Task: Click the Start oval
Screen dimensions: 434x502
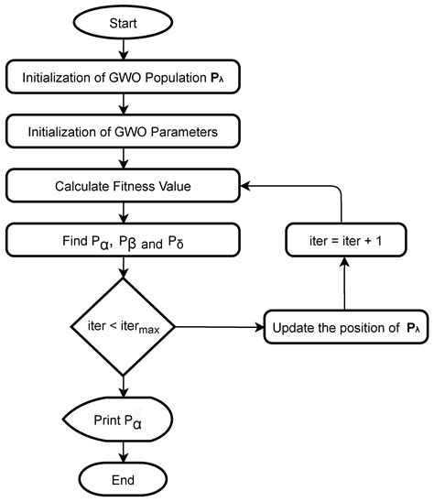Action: pos(124,22)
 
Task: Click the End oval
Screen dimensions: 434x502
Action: pos(124,480)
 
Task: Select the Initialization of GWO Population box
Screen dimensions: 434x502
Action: pos(123,77)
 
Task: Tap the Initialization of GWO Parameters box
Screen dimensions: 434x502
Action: pos(123,131)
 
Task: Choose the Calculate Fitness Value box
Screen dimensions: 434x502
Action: pos(123,186)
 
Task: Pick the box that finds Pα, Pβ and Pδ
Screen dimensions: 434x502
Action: pos(123,240)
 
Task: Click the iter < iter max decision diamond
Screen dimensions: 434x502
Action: pos(123,327)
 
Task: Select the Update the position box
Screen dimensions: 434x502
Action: pos(346,327)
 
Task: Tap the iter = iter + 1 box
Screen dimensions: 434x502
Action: pos(346,240)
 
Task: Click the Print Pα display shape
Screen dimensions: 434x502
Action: pos(118,420)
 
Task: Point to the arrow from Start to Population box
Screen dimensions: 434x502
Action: pos(124,49)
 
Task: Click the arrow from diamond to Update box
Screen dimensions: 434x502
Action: pos(220,327)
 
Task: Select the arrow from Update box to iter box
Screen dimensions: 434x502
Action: pos(344,284)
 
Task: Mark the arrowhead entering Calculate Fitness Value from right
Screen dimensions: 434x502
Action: pos(245,186)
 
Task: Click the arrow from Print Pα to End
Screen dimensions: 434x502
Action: pos(124,453)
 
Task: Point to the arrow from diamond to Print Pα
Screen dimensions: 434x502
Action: pos(124,387)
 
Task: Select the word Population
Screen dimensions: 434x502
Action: pos(176,78)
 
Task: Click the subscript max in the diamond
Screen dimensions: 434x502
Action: pos(149,329)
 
